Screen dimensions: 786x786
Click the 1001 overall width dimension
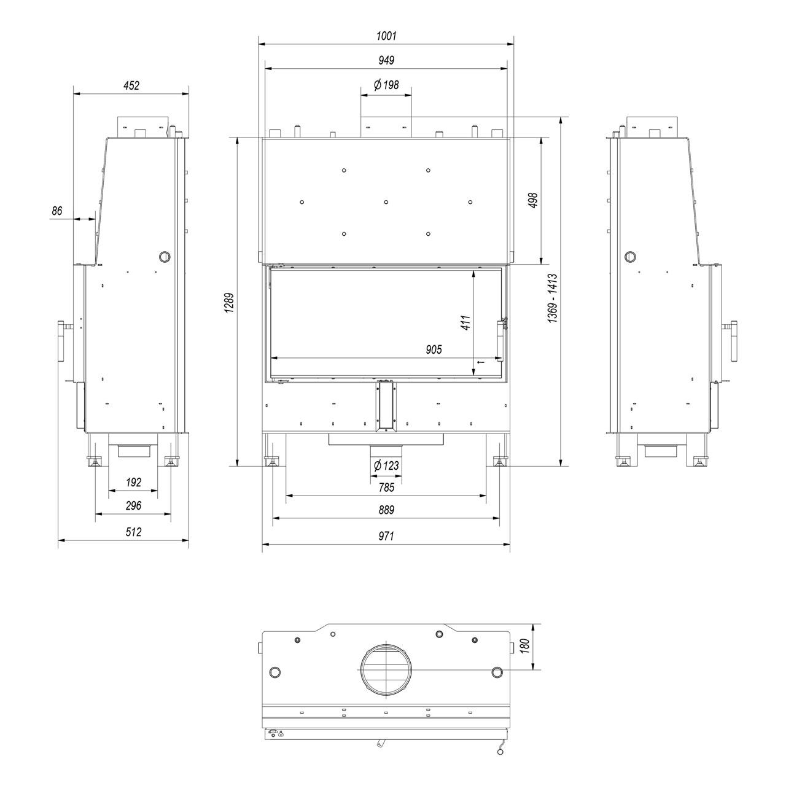pos(386,36)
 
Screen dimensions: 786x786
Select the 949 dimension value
pos(386,60)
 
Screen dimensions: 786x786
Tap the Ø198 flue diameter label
pos(386,85)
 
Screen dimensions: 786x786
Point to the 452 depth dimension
pos(131,85)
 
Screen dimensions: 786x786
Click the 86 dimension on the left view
pos(56,211)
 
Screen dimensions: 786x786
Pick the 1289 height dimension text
pos(229,303)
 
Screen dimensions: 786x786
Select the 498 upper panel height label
pos(533,200)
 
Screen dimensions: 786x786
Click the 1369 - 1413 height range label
pos(552,298)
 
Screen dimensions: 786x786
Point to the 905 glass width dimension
pos(434,349)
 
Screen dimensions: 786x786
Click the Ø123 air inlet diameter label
pos(386,465)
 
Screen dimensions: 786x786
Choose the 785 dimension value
pos(386,487)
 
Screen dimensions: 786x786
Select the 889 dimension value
pos(386,510)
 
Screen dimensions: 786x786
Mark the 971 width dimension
pos(386,535)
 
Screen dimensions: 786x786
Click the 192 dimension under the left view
pos(133,482)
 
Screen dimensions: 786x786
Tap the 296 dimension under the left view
pos(133,505)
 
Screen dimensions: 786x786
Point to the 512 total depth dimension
pos(133,532)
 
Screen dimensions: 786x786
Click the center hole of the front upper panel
pos(386,202)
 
